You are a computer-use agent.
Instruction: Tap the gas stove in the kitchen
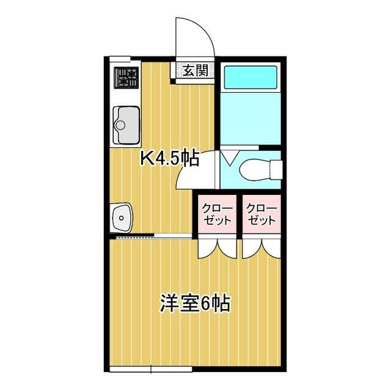click(x=126, y=78)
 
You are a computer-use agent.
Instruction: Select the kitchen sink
click(x=126, y=125)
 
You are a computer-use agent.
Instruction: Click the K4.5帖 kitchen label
click(x=170, y=159)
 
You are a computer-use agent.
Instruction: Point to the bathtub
click(x=250, y=78)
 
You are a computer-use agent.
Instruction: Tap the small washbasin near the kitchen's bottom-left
click(x=122, y=216)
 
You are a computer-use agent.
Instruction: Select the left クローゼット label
click(x=218, y=214)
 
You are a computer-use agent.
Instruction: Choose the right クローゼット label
click(x=261, y=214)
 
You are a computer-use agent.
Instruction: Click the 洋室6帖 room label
click(x=194, y=304)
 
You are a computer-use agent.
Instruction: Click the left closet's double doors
click(x=218, y=246)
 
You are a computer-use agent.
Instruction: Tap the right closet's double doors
click(x=261, y=246)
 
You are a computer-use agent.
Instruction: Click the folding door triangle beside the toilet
click(x=227, y=160)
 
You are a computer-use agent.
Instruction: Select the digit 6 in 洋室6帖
click(x=206, y=304)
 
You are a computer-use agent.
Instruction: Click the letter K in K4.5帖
click(x=147, y=159)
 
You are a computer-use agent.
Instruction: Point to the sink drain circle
click(x=120, y=125)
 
